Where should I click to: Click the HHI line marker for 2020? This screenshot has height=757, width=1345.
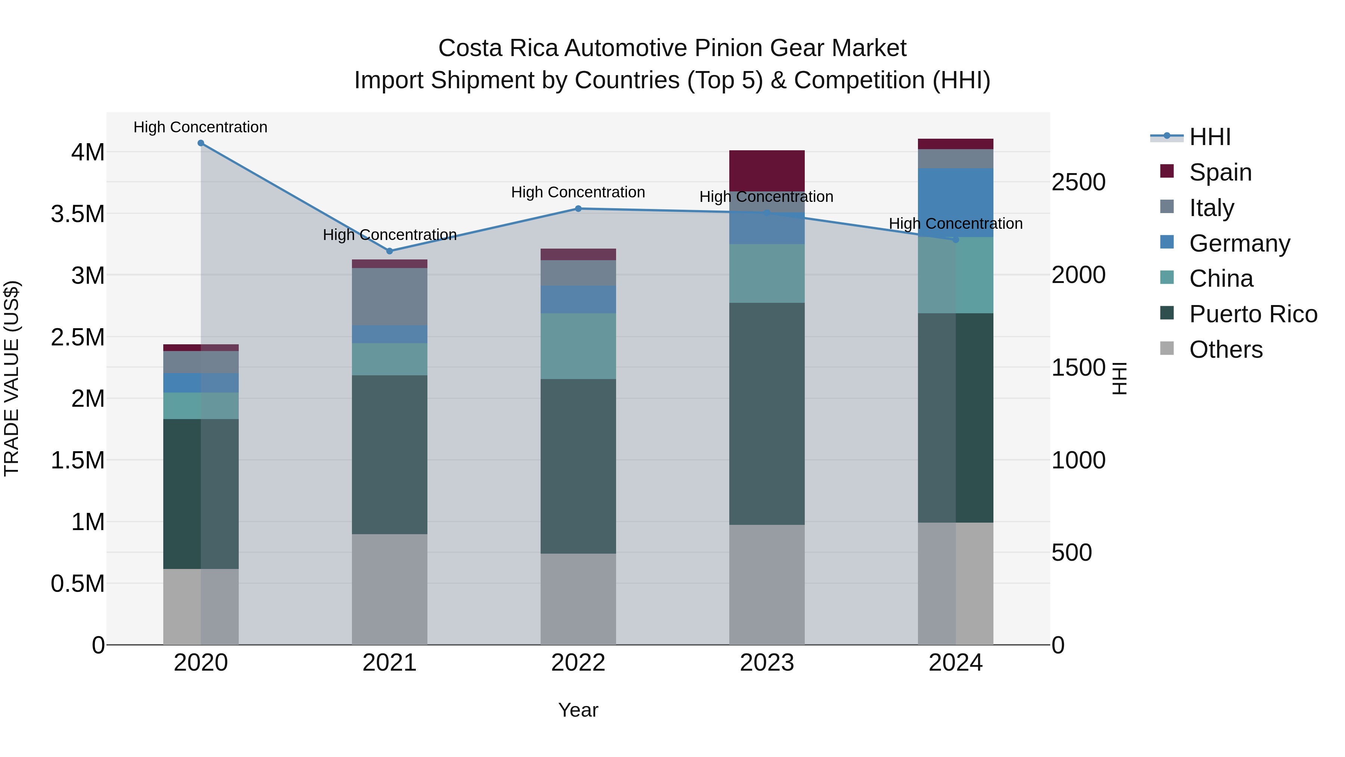click(201, 143)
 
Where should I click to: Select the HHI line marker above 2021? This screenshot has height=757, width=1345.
click(390, 251)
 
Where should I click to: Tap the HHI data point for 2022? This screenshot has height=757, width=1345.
click(578, 209)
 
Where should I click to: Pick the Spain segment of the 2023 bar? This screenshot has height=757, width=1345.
click(767, 171)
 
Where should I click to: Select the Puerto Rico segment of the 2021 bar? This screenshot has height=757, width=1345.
click(390, 455)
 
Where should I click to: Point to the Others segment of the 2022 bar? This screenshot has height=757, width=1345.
click(578, 599)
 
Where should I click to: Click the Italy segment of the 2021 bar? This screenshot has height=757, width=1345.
click(390, 297)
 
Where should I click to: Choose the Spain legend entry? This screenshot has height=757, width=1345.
click(1220, 172)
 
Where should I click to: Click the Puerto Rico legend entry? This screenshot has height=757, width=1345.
click(1253, 314)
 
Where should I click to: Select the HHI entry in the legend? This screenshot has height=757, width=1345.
click(1209, 137)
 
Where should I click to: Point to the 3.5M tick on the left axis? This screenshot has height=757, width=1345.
click(78, 214)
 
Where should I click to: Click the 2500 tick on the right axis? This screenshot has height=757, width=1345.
click(1078, 182)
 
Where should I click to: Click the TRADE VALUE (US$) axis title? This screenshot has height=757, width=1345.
click(12, 378)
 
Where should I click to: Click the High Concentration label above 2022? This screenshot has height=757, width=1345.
click(578, 192)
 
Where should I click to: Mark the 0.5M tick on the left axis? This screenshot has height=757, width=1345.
click(78, 584)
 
